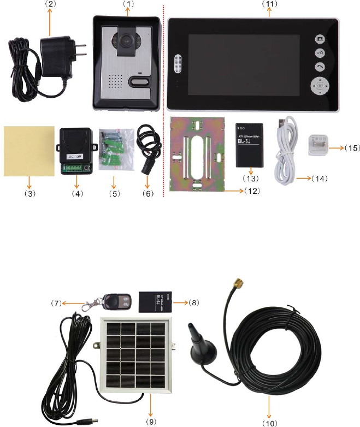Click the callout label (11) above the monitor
[270, 4]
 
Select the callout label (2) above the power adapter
[50, 4]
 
